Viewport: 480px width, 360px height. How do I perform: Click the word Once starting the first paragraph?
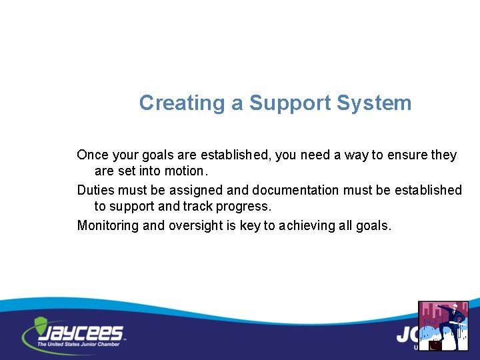click(93, 155)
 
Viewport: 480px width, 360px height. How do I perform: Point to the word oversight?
click(195, 226)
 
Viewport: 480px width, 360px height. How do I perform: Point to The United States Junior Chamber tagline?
click(79, 344)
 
